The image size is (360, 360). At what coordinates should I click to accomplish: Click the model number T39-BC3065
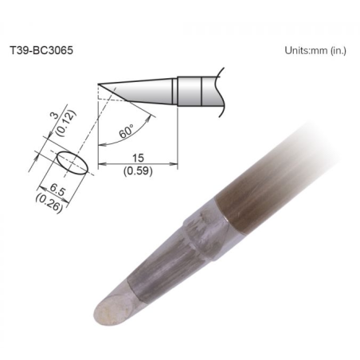(41, 50)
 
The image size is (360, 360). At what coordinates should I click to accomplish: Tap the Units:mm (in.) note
(315, 50)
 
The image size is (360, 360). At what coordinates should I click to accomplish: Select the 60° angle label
(126, 131)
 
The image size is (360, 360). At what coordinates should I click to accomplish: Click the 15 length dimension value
(138, 158)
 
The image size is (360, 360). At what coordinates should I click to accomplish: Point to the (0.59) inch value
(138, 171)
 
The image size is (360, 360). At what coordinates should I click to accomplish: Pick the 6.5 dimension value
(57, 190)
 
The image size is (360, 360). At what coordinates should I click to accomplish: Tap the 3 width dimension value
(54, 115)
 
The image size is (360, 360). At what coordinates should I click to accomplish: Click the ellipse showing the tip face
(72, 162)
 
